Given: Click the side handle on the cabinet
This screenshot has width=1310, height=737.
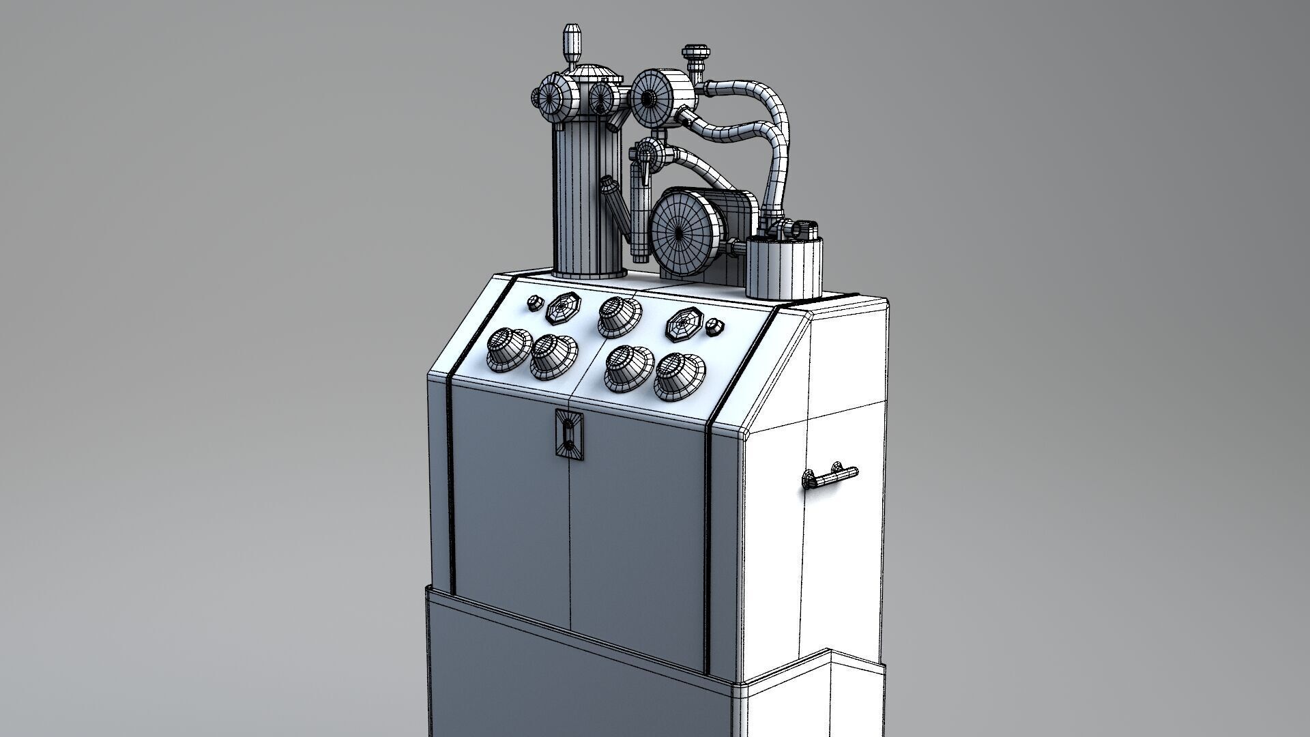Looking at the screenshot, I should pyautogui.click(x=831, y=476).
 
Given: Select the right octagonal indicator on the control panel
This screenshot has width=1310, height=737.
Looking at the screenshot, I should pyautogui.click(x=683, y=323).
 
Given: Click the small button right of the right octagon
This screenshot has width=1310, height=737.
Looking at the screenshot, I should pyautogui.click(x=714, y=326).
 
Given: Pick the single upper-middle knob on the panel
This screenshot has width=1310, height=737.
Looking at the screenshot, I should pyautogui.click(x=619, y=316).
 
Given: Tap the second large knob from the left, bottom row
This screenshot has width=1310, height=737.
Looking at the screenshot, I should pyautogui.click(x=553, y=355).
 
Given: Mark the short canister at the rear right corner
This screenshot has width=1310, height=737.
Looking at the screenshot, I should pyautogui.click(x=784, y=265).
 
